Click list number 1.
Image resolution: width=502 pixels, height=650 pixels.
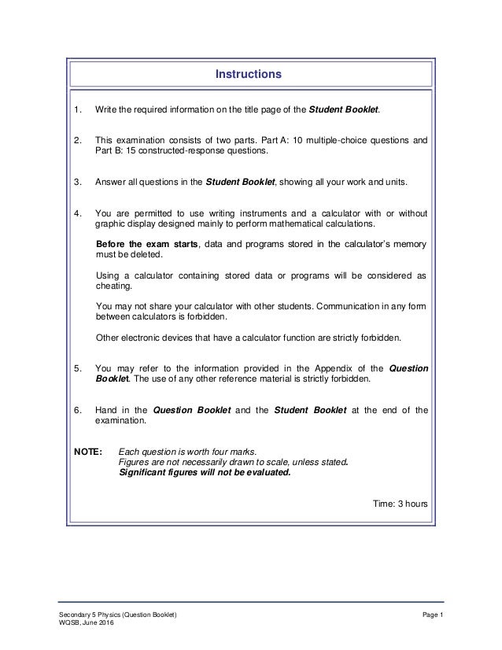[x=77, y=108]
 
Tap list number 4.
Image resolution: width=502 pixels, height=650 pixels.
[x=77, y=212]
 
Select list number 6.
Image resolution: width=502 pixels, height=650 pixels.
[x=77, y=409]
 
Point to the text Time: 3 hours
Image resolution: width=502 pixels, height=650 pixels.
[x=400, y=503]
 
